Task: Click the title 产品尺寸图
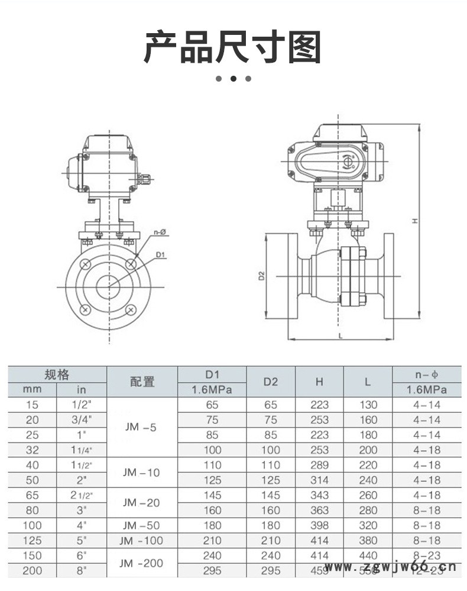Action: tap(233, 49)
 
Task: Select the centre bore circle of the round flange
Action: tap(108, 286)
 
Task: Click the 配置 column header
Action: tap(142, 382)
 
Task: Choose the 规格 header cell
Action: tap(57, 374)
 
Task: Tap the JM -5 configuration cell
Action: tap(142, 427)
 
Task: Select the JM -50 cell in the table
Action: tap(142, 525)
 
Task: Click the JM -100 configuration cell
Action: tap(142, 540)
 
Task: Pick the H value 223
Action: tap(319, 405)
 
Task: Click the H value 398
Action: tap(319, 525)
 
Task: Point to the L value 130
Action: tap(368, 405)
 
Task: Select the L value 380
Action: tap(368, 540)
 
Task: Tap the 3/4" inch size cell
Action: tap(82, 420)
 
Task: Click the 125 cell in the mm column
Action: tap(32, 540)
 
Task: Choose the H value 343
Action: tap(319, 495)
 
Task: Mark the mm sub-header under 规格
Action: tap(32, 390)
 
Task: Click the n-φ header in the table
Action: tap(426, 374)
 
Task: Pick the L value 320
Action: tap(368, 525)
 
